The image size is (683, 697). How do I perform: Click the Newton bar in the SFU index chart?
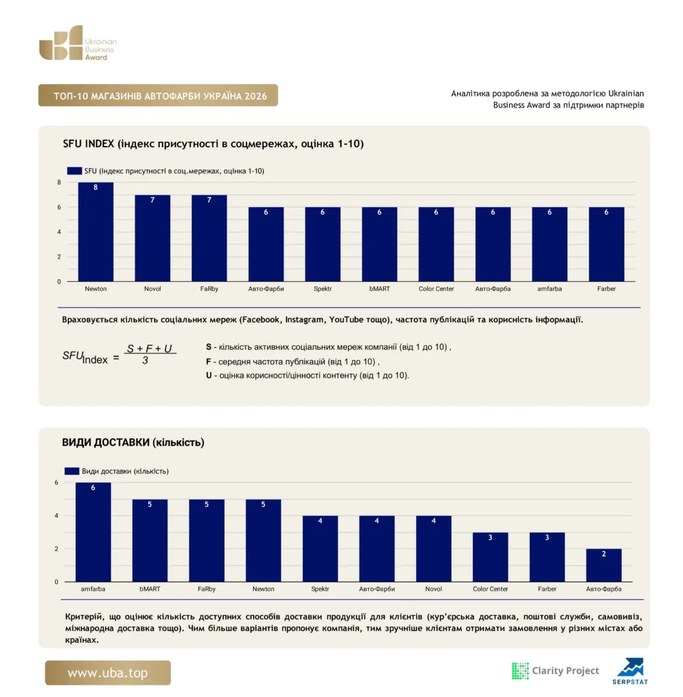(x=95, y=231)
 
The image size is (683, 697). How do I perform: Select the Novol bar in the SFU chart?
(x=152, y=238)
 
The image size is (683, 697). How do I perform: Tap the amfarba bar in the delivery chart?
(x=93, y=532)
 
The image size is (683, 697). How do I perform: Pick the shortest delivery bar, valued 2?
(x=603, y=565)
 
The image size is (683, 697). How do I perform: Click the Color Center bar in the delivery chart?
(x=490, y=557)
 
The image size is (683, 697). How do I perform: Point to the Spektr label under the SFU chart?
(x=322, y=289)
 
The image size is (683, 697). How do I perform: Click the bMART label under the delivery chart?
(x=150, y=589)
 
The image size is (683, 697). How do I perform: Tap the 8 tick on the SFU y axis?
(x=59, y=182)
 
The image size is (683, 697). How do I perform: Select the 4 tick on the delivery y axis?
(x=56, y=516)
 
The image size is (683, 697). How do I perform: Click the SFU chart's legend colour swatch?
(x=74, y=171)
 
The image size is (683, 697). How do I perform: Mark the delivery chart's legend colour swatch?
(x=71, y=471)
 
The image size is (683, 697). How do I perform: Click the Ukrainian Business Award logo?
(x=78, y=43)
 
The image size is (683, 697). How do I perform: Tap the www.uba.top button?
(x=107, y=672)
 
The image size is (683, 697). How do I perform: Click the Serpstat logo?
(x=630, y=671)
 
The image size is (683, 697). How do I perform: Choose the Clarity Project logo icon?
(x=520, y=670)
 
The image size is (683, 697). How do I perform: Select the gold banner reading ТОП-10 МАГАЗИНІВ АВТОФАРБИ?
(x=159, y=95)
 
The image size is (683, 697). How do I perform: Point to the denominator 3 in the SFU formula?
(x=145, y=361)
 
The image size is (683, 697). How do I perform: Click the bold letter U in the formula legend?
(x=209, y=376)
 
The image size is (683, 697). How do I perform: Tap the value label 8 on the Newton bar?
(x=95, y=188)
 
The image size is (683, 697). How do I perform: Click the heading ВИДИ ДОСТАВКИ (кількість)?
(x=133, y=442)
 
